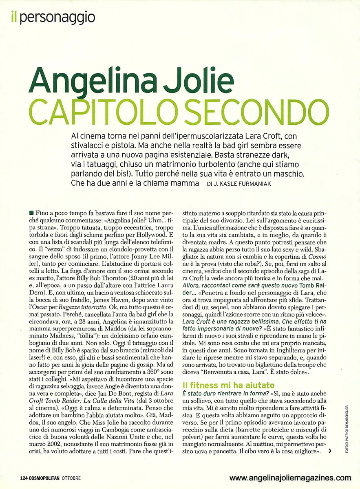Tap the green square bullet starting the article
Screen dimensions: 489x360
[32, 213]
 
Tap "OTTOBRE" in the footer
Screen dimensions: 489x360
[72, 478]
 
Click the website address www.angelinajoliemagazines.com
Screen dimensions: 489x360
[290, 478]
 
